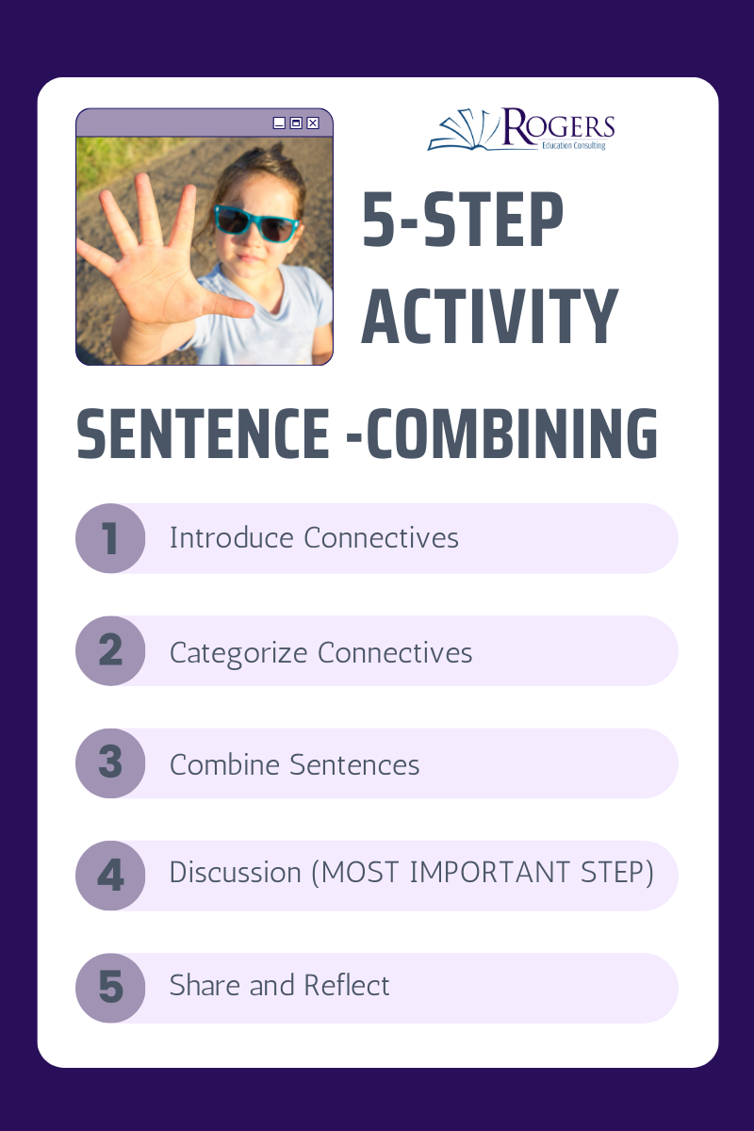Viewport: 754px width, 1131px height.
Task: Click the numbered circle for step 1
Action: point(110,538)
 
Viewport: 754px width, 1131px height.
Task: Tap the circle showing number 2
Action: point(110,651)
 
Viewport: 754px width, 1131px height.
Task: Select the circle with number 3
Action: point(110,763)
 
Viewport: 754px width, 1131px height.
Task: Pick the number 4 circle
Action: point(110,876)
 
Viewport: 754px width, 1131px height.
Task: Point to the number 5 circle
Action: point(110,988)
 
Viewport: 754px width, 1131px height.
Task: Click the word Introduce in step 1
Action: point(231,538)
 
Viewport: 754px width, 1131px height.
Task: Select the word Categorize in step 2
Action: point(238,653)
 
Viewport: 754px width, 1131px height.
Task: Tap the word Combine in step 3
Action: point(224,764)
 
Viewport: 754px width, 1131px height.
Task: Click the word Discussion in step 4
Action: point(236,873)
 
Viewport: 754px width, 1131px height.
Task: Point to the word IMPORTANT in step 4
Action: point(490,873)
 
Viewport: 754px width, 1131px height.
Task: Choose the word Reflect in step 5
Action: point(347,985)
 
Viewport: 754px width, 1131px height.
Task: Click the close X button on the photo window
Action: point(313,123)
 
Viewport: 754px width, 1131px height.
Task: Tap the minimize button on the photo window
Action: point(279,123)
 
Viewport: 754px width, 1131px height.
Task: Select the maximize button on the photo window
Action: point(296,123)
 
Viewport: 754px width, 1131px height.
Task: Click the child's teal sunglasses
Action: point(255,223)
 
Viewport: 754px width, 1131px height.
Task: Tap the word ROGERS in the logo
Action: point(559,124)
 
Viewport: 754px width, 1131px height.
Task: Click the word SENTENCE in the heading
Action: point(203,434)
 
